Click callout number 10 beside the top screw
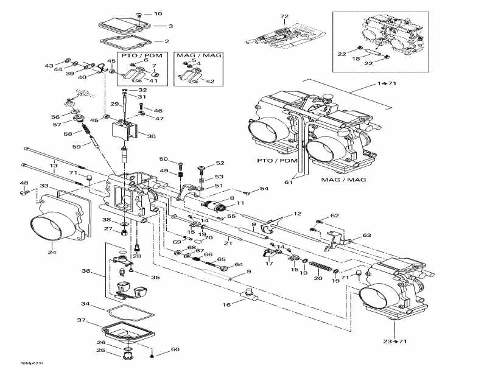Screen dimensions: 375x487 tap(158, 13)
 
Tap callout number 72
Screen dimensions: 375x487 tap(284, 16)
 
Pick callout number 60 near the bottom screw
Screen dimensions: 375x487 tap(175, 349)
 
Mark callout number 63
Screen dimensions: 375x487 tap(366, 235)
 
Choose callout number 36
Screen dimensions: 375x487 tap(86, 272)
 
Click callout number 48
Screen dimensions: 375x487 tap(24, 183)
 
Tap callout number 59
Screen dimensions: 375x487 tap(76, 146)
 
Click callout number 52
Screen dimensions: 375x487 tap(220, 163)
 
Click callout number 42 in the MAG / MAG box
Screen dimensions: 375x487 tap(211, 81)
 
